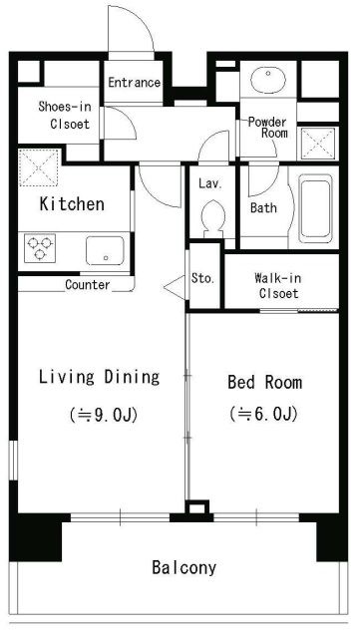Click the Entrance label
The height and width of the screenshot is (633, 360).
tap(135, 83)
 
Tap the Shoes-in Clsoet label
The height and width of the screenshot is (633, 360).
tap(65, 115)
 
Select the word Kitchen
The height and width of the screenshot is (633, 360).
tap(72, 204)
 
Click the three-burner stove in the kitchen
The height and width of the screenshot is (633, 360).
tap(40, 248)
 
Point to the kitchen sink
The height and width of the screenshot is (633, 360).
tap(105, 250)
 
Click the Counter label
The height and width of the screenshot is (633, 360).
tap(88, 285)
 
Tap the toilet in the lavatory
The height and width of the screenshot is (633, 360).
tap(213, 219)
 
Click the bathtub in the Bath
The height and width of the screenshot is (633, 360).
tap(315, 208)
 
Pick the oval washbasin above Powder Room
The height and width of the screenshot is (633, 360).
tap(268, 80)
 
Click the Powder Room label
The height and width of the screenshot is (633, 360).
tap(267, 128)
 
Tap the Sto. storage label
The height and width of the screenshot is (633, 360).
tap(202, 278)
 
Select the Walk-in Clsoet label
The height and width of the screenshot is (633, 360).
tap(278, 285)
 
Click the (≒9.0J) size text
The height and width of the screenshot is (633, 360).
tap(104, 415)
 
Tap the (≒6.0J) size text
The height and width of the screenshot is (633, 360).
tap(264, 414)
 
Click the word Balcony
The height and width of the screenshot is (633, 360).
tap(184, 567)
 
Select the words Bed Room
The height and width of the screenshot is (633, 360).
tap(264, 382)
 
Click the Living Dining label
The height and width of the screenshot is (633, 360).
tap(99, 377)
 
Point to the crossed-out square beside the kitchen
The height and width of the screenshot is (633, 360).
tap(39, 167)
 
